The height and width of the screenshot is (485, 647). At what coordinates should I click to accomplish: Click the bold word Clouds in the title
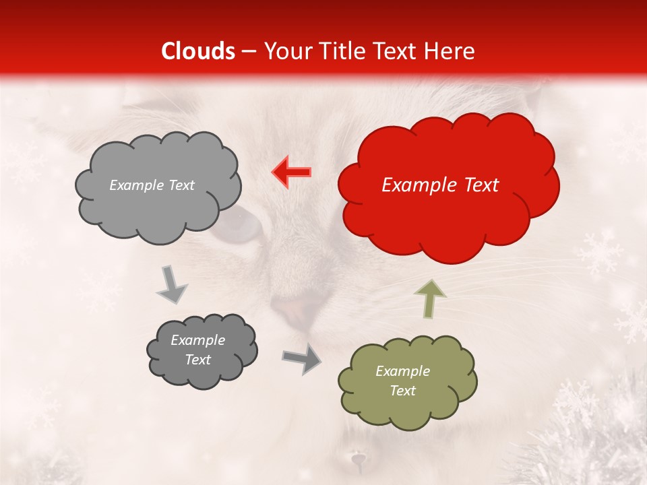pos(198,51)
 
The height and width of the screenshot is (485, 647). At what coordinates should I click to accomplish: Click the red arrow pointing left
pos(292,172)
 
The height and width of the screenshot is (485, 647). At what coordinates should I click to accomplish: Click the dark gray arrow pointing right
pos(302,359)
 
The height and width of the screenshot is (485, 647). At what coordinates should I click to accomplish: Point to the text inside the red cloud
pos(440,185)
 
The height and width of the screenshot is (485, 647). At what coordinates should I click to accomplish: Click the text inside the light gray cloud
pos(152,185)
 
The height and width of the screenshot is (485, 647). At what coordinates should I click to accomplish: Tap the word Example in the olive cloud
pos(402,371)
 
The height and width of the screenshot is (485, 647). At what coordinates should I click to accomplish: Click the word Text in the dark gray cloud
pos(197,360)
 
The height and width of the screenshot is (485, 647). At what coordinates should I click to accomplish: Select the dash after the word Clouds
pos(249,52)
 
